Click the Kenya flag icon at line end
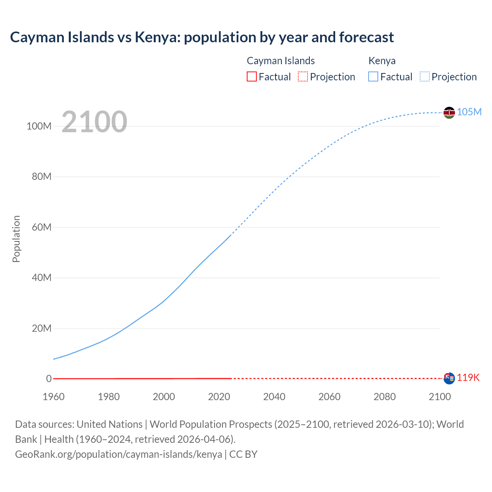(449, 113)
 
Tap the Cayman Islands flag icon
(449, 378)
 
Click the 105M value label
(469, 112)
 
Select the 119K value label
(468, 377)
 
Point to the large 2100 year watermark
(94, 121)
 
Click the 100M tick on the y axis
(39, 126)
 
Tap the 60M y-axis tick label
(42, 227)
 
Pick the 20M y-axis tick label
(42, 328)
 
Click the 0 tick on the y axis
(49, 379)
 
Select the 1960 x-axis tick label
(53, 397)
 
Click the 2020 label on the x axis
(219, 397)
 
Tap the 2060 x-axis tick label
(329, 397)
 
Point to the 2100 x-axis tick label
(440, 397)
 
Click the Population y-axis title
(16, 239)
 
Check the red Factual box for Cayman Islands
(252, 76)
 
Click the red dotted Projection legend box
(303, 76)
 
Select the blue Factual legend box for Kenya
(373, 76)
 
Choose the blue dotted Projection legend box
(425, 76)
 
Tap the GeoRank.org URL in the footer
(118, 454)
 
